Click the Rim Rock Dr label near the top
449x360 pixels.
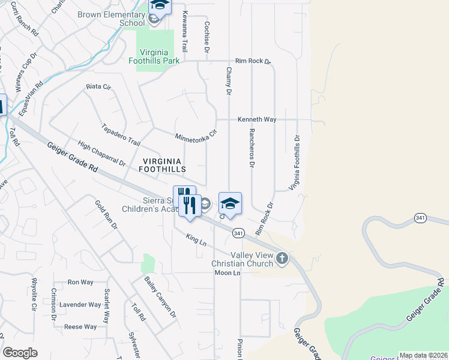click(253, 61)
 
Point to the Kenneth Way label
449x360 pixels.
click(257, 119)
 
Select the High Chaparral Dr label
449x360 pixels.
click(101, 154)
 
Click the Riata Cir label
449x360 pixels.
click(98, 87)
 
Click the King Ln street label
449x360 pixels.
click(196, 240)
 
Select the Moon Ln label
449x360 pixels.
click(228, 273)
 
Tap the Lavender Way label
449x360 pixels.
click(84, 305)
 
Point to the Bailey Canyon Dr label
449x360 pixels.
click(160, 296)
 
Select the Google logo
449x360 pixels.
click(20, 353)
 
